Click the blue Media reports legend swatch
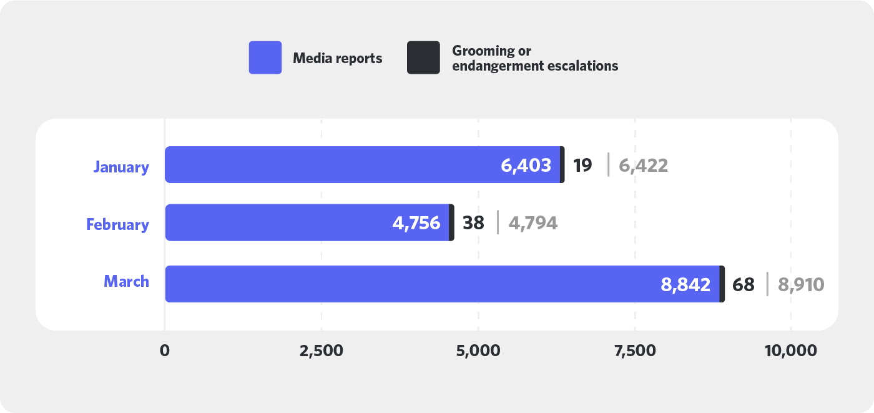click(265, 57)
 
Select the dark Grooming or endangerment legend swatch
click(423, 57)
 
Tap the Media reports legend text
click(337, 59)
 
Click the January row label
click(121, 167)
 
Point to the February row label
click(117, 224)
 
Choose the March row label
click(126, 282)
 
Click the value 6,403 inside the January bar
click(526, 166)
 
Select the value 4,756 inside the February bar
click(416, 223)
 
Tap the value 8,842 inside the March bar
click(685, 285)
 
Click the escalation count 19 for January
click(582, 166)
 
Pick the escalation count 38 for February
click(473, 223)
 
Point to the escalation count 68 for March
click(743, 285)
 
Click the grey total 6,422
click(643, 166)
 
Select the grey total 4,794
click(533, 223)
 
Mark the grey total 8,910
click(801, 285)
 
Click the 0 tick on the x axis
click(165, 351)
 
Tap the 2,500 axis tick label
click(321, 351)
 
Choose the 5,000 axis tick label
click(478, 351)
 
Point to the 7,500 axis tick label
click(634, 351)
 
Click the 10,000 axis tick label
click(790, 351)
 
